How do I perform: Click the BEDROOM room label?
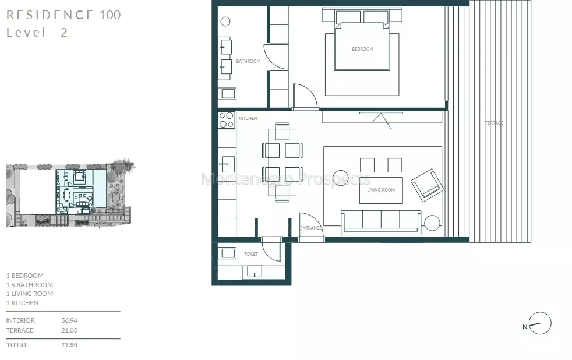tap(363, 49)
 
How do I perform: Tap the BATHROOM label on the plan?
tap(248, 61)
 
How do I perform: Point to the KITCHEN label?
tap(248, 118)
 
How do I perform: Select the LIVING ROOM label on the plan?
tap(381, 190)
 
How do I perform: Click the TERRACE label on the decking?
tap(494, 123)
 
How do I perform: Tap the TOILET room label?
tap(251, 254)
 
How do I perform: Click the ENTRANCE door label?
tap(311, 228)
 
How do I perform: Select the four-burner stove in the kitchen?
tap(227, 120)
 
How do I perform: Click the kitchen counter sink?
tap(227, 164)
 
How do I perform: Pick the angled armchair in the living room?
tap(428, 185)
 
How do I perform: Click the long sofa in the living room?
tap(381, 222)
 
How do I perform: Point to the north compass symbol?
tap(540, 323)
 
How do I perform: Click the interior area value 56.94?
tap(69, 320)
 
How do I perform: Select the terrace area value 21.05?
tap(69, 330)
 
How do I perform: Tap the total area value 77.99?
tap(69, 345)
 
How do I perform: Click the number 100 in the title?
tap(110, 15)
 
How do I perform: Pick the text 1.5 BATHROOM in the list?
tap(30, 285)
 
